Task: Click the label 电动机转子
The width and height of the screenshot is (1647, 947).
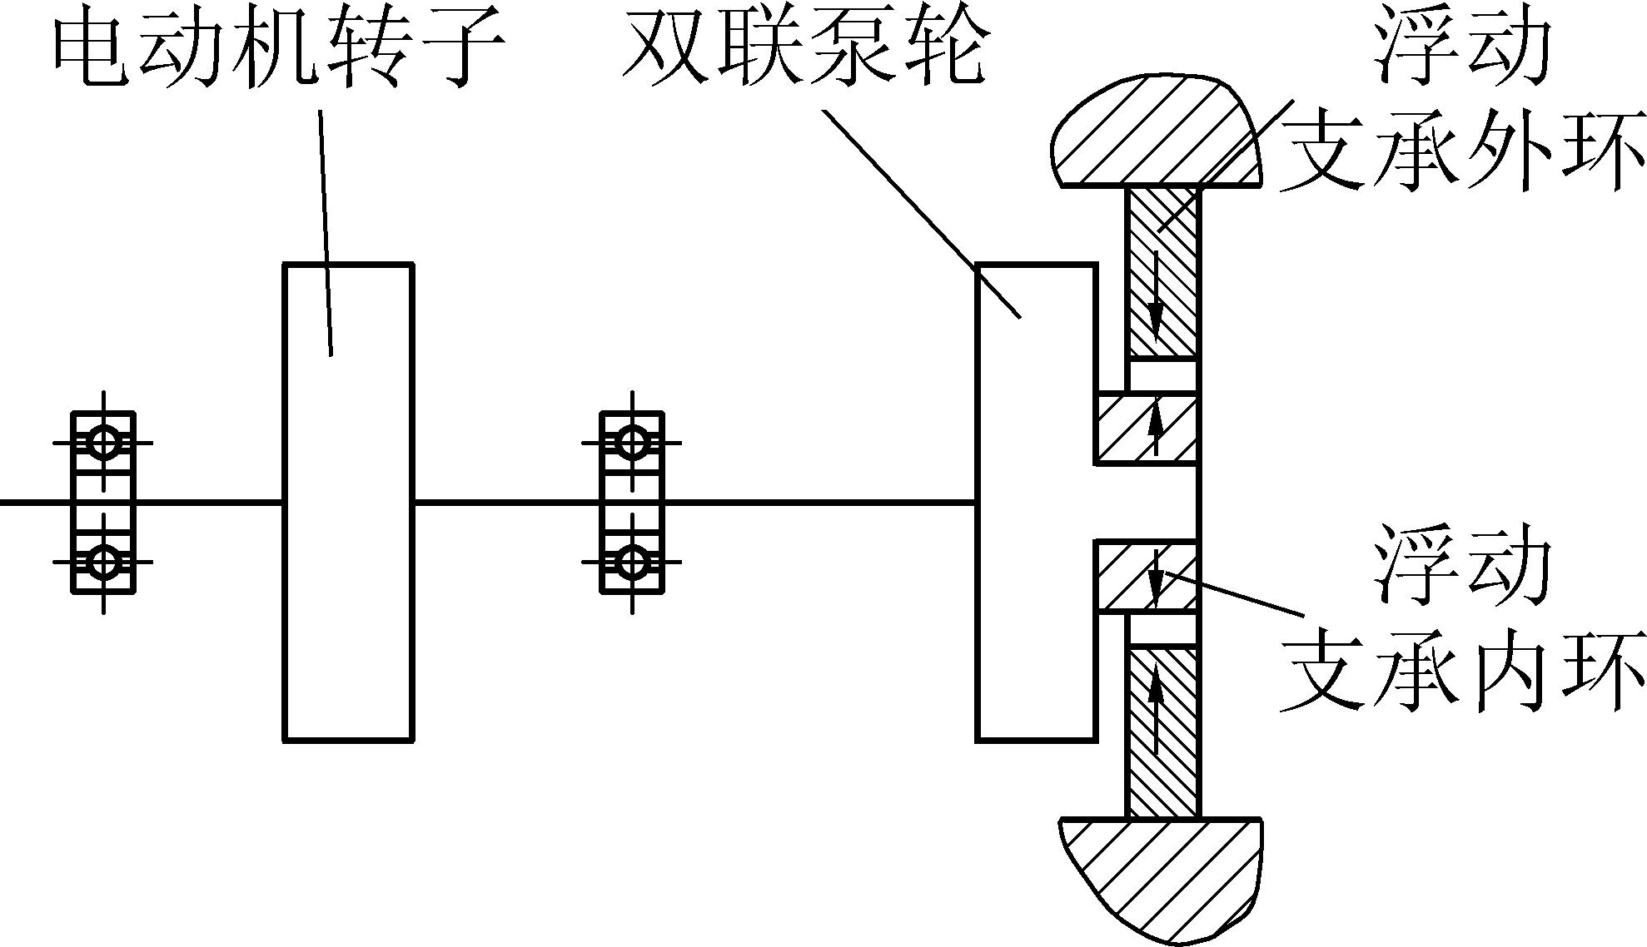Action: coord(279,52)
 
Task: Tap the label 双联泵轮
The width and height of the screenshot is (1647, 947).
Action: coord(804,52)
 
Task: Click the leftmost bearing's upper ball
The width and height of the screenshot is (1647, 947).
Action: coord(103,442)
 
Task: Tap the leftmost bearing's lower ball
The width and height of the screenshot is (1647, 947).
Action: coord(103,563)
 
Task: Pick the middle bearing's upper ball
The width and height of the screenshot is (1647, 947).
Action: coord(633,442)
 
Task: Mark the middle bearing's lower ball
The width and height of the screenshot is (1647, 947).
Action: coord(633,563)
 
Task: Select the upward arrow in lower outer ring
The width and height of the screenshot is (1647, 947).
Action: coord(1156,707)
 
